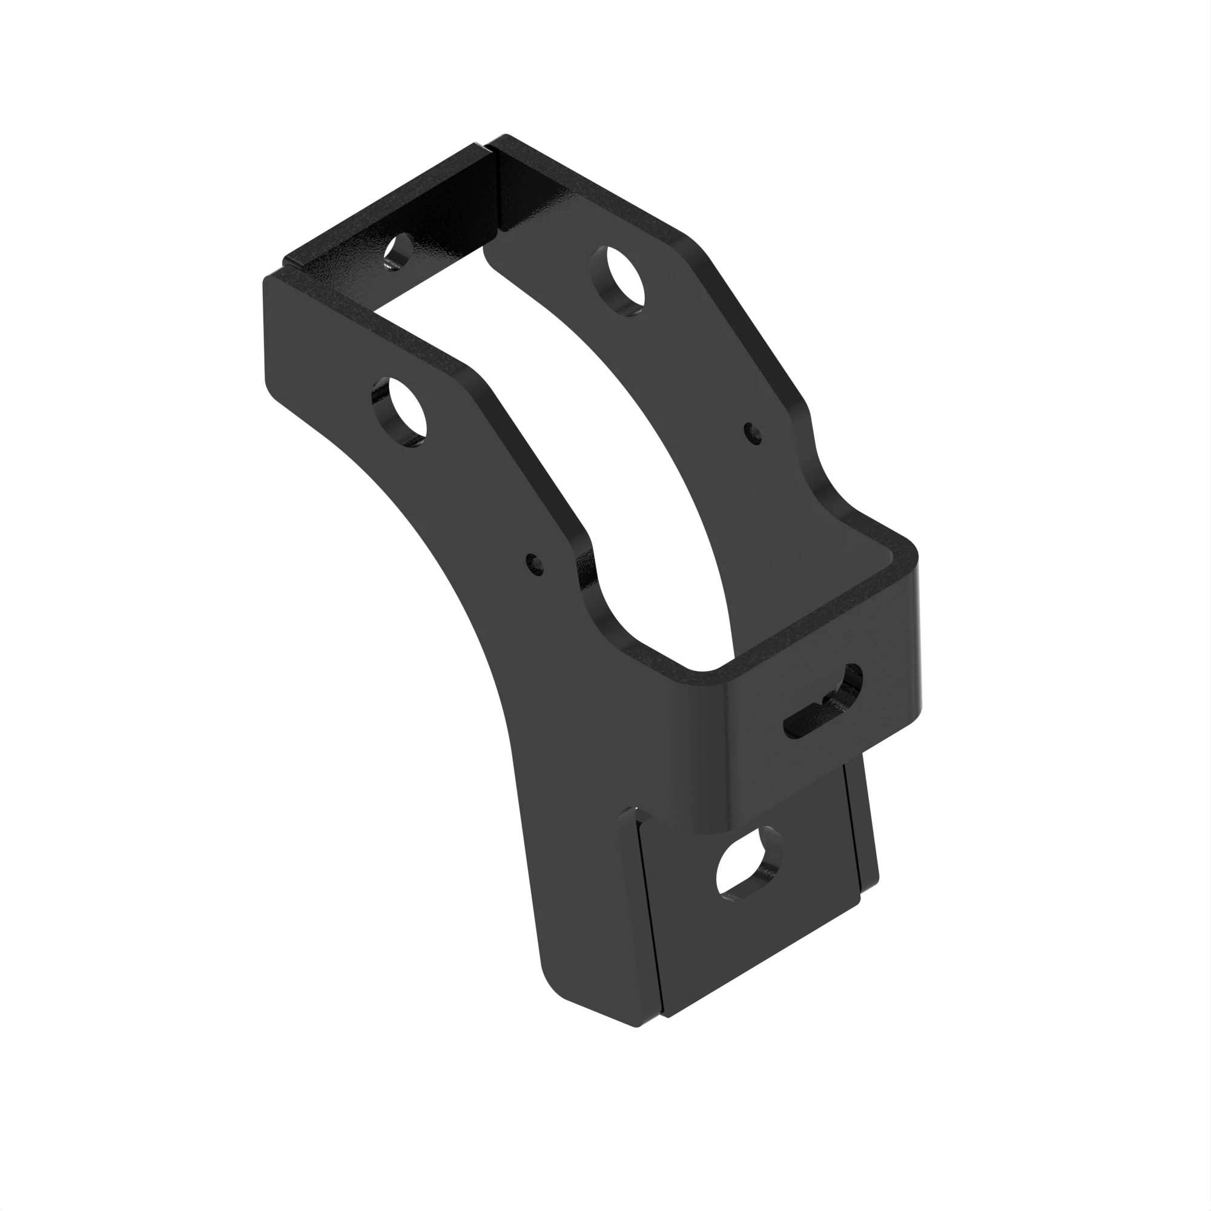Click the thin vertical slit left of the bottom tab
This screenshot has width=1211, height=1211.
point(645,909)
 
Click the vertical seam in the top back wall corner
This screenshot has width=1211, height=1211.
point(495,200)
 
